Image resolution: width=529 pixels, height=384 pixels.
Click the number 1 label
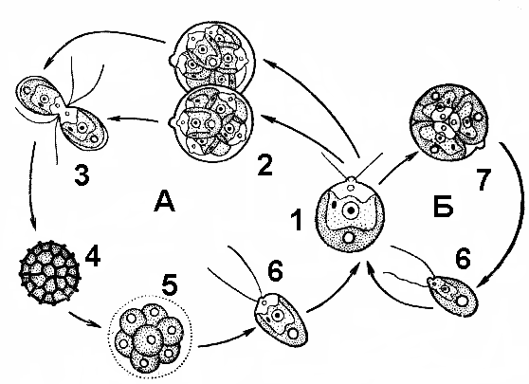click(x=297, y=219)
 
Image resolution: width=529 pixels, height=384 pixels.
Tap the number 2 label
click(x=264, y=164)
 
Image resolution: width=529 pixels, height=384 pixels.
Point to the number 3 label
click(x=82, y=174)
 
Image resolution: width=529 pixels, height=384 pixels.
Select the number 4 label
click(x=93, y=255)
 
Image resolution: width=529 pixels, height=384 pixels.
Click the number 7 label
click(x=483, y=179)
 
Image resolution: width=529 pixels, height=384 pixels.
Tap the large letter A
click(x=165, y=200)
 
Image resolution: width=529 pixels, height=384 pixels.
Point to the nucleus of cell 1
click(x=351, y=210)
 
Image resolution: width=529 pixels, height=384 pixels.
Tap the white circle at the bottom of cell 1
click(x=348, y=238)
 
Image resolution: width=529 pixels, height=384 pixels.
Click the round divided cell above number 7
click(x=448, y=121)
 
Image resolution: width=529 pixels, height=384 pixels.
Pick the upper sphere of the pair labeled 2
click(x=211, y=58)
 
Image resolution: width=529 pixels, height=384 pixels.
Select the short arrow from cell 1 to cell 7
click(x=398, y=168)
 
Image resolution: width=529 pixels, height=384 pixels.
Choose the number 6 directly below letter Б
click(x=463, y=260)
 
